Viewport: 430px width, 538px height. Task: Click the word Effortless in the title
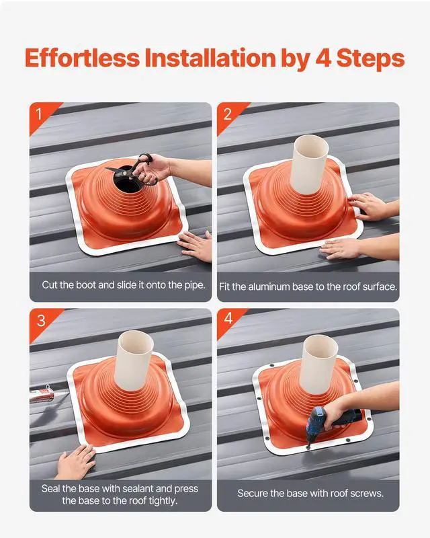click(x=82, y=58)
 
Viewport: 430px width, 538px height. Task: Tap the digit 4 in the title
click(x=323, y=58)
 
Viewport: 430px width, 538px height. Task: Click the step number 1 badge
click(x=39, y=114)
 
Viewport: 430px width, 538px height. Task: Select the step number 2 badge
click(x=227, y=114)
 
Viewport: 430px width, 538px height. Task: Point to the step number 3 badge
click(x=41, y=321)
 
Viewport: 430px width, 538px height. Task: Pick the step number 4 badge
click(x=228, y=319)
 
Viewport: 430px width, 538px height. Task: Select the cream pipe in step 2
click(x=309, y=164)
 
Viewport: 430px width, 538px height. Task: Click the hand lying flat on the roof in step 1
click(x=195, y=245)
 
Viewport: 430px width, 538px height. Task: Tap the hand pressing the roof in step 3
click(x=75, y=461)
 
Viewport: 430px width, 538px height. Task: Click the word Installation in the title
click(x=210, y=58)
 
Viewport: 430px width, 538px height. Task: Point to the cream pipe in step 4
click(x=318, y=364)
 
